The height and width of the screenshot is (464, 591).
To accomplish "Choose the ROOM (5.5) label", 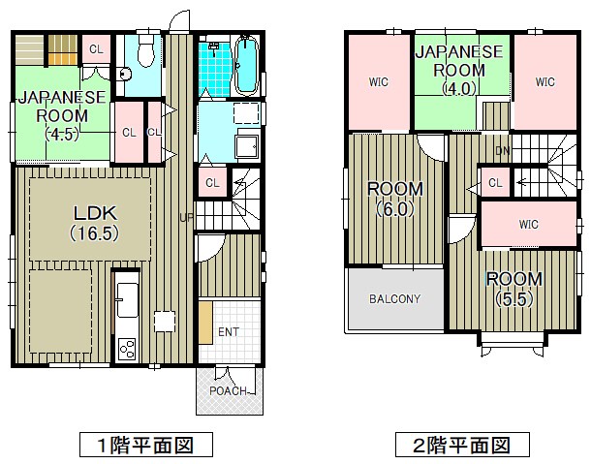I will click(x=514, y=289).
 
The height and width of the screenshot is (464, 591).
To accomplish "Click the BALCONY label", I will click(x=394, y=298).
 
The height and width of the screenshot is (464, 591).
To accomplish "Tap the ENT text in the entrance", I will click(x=228, y=332).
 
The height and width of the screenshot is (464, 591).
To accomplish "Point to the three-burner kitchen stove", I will click(x=127, y=349).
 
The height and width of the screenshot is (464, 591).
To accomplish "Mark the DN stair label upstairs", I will click(x=502, y=150).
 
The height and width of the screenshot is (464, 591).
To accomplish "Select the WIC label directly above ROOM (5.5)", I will click(x=527, y=225).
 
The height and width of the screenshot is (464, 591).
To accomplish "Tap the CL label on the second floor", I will click(x=494, y=182).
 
